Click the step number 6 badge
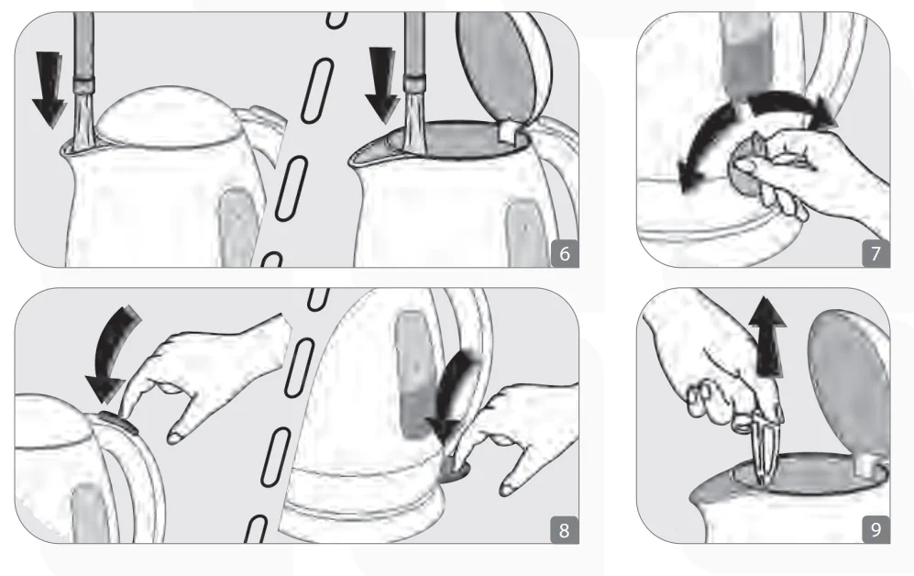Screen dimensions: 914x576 pos(564,253)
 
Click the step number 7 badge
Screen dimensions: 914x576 pos(875,253)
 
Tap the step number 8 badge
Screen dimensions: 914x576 pos(564,530)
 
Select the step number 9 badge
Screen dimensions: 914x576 pos(875,530)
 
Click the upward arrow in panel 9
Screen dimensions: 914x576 pos(767,336)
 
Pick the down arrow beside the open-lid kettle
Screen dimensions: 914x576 pos(382,85)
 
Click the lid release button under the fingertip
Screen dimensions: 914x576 pos(119,422)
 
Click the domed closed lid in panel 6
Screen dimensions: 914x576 pos(168,117)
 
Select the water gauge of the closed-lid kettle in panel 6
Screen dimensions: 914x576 pos(237,227)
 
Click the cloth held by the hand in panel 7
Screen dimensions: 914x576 pos(748,166)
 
